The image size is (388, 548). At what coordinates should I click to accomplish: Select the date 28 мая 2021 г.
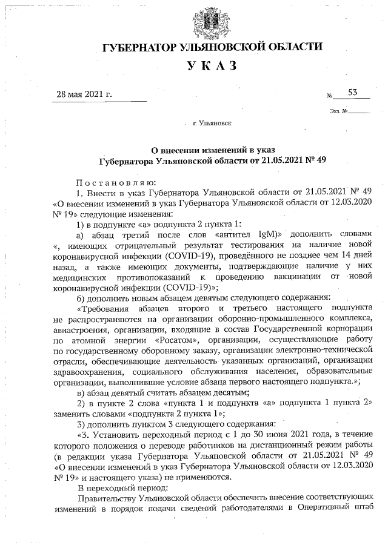click(x=84, y=94)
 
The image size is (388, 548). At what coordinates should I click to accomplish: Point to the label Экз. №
click(x=338, y=111)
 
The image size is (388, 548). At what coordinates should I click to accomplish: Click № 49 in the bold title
click(x=318, y=160)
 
